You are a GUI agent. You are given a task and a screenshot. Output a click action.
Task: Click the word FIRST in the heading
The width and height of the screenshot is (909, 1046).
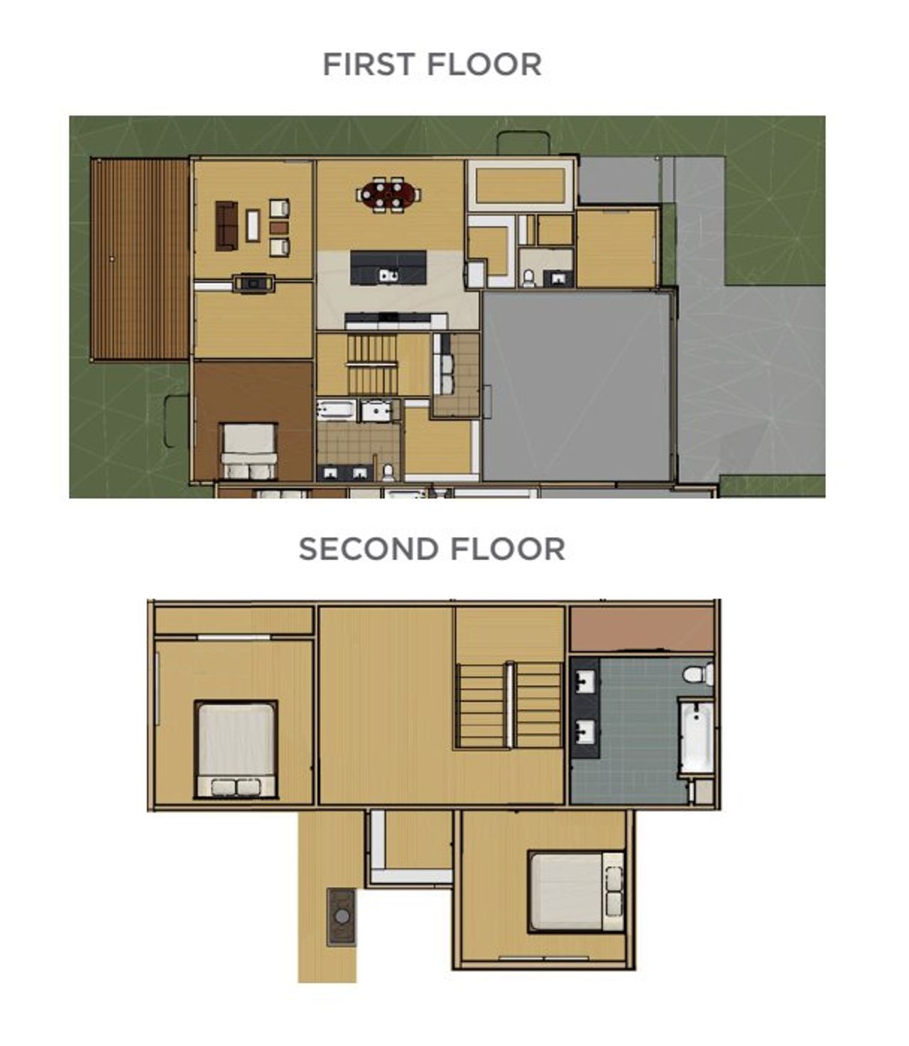[368, 65]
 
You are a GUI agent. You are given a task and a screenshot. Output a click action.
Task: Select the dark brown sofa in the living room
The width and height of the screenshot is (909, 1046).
[227, 225]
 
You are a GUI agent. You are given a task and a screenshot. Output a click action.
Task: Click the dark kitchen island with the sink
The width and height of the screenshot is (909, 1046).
[388, 268]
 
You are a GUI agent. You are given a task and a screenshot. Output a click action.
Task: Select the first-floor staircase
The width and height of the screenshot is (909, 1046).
[372, 364]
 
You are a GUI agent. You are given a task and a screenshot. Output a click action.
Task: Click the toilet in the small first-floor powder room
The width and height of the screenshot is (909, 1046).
[528, 277]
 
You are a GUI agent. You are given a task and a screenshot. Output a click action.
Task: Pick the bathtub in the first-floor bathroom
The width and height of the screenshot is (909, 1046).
[336, 410]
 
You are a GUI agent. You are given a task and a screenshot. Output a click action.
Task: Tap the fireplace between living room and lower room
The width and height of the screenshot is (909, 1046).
[254, 284]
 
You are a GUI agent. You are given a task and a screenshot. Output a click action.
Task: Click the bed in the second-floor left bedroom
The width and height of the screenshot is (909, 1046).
[236, 749]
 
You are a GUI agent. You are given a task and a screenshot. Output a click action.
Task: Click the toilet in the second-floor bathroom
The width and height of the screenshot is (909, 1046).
[700, 674]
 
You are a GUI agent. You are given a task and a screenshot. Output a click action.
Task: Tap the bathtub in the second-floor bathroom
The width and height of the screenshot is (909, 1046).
[696, 737]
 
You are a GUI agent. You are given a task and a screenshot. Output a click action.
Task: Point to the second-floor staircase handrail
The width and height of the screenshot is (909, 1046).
[509, 703]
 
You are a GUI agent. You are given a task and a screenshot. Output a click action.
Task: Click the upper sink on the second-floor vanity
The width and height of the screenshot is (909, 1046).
[585, 681]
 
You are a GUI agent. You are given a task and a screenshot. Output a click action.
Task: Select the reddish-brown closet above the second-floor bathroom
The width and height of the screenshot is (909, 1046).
[641, 629]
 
